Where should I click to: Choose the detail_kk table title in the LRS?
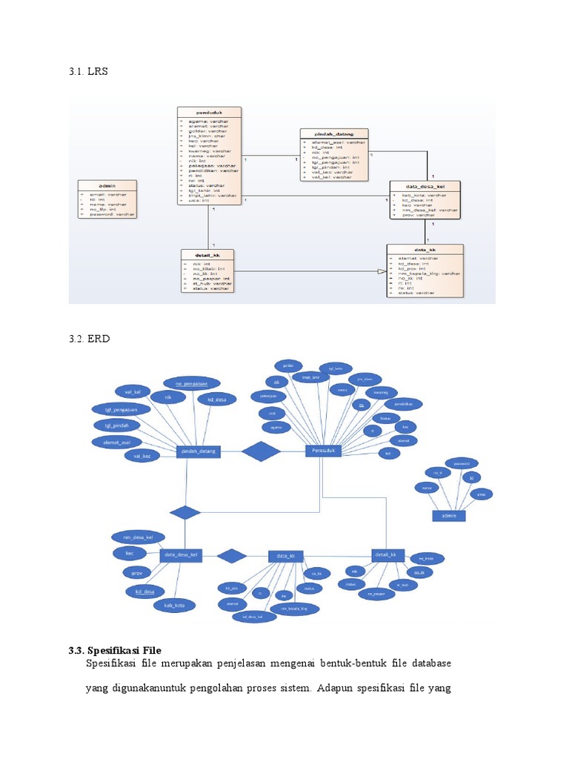(208, 253)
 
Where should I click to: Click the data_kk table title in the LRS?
(425, 249)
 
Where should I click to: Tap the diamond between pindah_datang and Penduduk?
(262, 451)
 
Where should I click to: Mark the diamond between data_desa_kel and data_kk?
(231, 555)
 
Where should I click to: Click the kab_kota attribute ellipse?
(170, 606)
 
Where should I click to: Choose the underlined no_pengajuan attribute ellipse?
(191, 383)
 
